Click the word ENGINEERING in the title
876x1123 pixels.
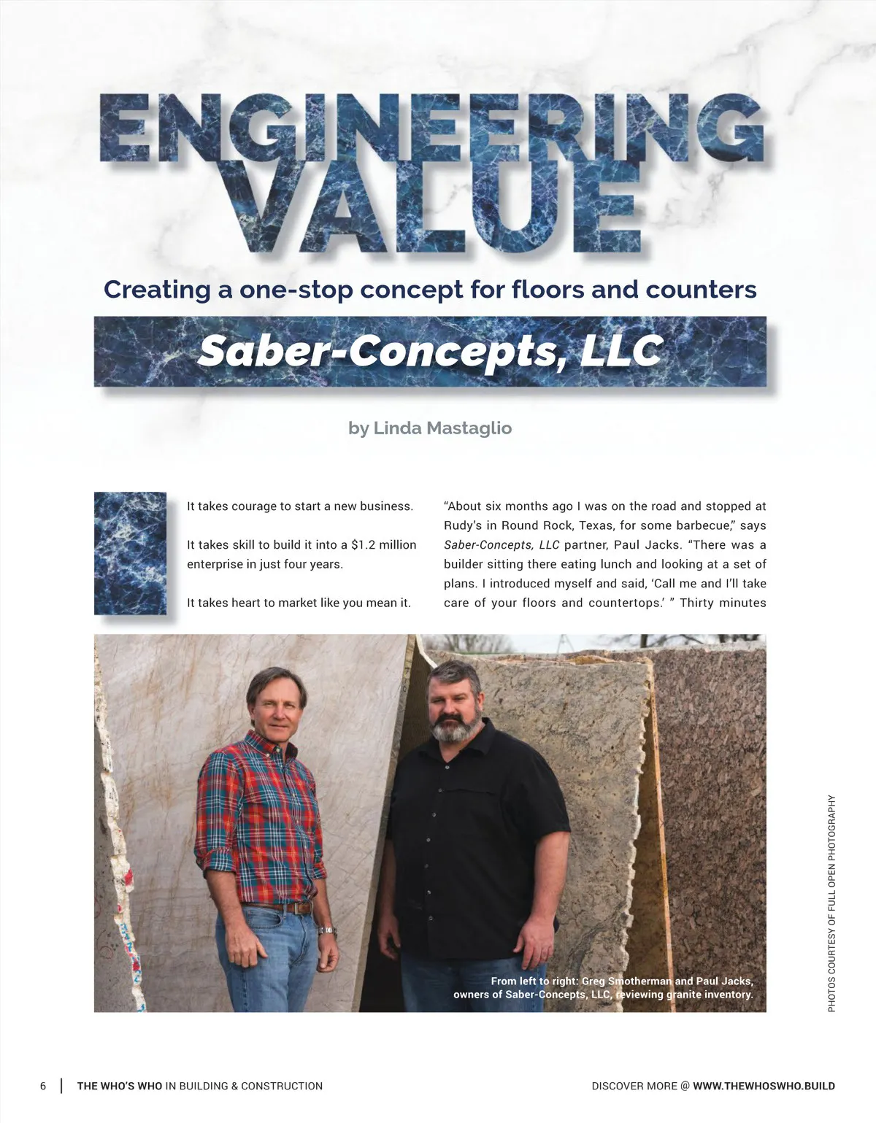431,131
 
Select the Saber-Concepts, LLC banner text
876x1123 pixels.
430,351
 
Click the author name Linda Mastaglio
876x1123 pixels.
442,428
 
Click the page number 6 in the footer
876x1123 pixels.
43,1086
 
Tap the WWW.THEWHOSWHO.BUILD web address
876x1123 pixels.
764,1086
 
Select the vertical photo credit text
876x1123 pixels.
831,903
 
